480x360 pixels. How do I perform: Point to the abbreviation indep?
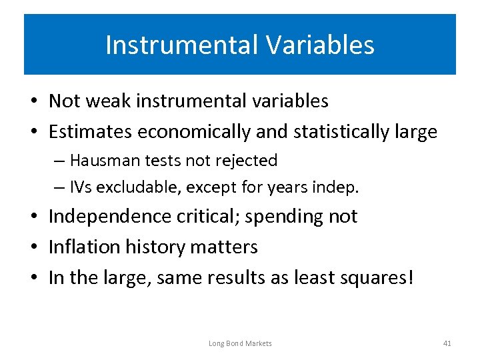coord(339,188)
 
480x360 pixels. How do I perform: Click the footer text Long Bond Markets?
coord(240,343)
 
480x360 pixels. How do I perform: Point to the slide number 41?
coord(447,343)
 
